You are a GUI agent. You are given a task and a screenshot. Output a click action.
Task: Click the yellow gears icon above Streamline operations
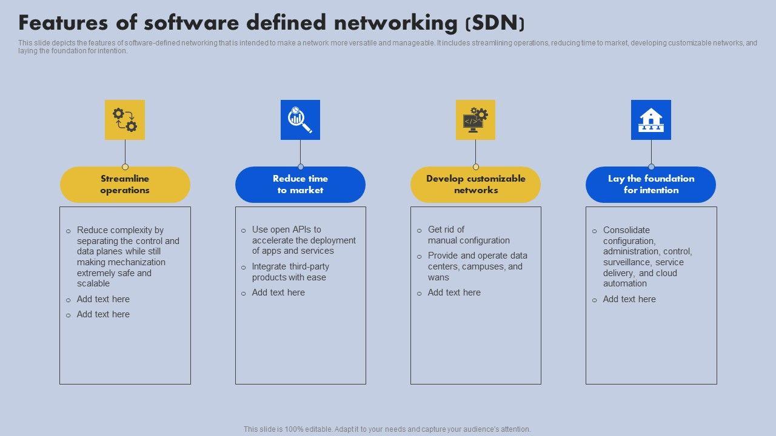pyautogui.click(x=125, y=120)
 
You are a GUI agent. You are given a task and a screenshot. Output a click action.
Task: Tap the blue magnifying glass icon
pyautogui.click(x=300, y=120)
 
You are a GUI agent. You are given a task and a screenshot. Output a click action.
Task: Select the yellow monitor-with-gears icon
pyautogui.click(x=475, y=120)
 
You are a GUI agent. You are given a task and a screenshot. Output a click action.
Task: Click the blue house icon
pyautogui.click(x=651, y=120)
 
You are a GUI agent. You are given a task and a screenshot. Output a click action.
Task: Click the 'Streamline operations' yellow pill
pyautogui.click(x=125, y=185)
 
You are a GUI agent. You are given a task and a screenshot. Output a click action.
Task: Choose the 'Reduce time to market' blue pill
pyautogui.click(x=300, y=185)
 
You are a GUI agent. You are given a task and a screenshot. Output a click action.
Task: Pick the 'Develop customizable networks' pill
pyautogui.click(x=475, y=185)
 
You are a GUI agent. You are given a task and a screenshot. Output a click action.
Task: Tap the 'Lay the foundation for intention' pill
pyautogui.click(x=651, y=185)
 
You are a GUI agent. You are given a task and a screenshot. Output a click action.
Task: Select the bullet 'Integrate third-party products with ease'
pyautogui.click(x=290, y=272)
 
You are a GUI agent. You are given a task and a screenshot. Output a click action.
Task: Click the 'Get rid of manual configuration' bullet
pyautogui.click(x=468, y=235)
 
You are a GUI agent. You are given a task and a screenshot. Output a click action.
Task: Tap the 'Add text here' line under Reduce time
pyautogui.click(x=278, y=292)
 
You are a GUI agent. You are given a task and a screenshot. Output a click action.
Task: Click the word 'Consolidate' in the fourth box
pyautogui.click(x=626, y=230)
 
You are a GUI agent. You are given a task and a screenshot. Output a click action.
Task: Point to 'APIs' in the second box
pyautogui.click(x=301, y=230)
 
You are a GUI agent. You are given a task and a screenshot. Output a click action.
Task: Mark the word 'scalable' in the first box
pyautogui.click(x=93, y=283)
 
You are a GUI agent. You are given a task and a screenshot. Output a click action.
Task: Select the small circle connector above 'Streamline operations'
pyautogui.click(x=125, y=167)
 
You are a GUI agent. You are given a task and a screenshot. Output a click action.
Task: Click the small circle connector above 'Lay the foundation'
pyautogui.click(x=651, y=167)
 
